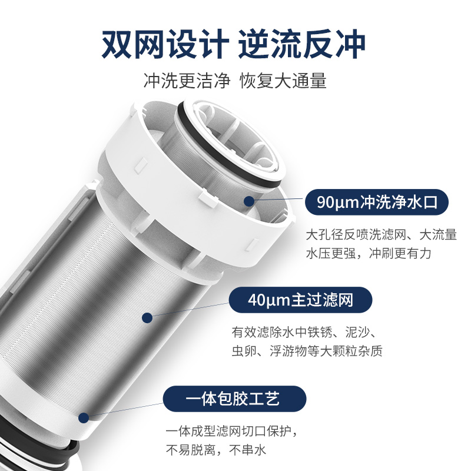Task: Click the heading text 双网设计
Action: point(165,44)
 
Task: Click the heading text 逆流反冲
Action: point(302,44)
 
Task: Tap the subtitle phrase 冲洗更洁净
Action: point(187,81)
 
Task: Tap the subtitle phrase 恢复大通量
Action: point(283,81)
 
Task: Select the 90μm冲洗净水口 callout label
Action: point(377,202)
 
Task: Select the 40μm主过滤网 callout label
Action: point(300,300)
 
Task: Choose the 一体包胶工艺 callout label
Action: point(234,399)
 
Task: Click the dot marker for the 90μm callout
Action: point(249,201)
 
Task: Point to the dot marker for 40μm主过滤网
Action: point(147,318)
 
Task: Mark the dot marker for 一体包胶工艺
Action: point(84,418)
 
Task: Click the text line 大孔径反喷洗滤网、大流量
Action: point(381,234)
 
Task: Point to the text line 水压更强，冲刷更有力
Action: point(369,253)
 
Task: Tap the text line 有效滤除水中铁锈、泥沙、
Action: point(304,332)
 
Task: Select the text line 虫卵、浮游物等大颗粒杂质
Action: point(307,351)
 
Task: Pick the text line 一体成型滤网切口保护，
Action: point(231,432)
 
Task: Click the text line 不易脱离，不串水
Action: point(216,450)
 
